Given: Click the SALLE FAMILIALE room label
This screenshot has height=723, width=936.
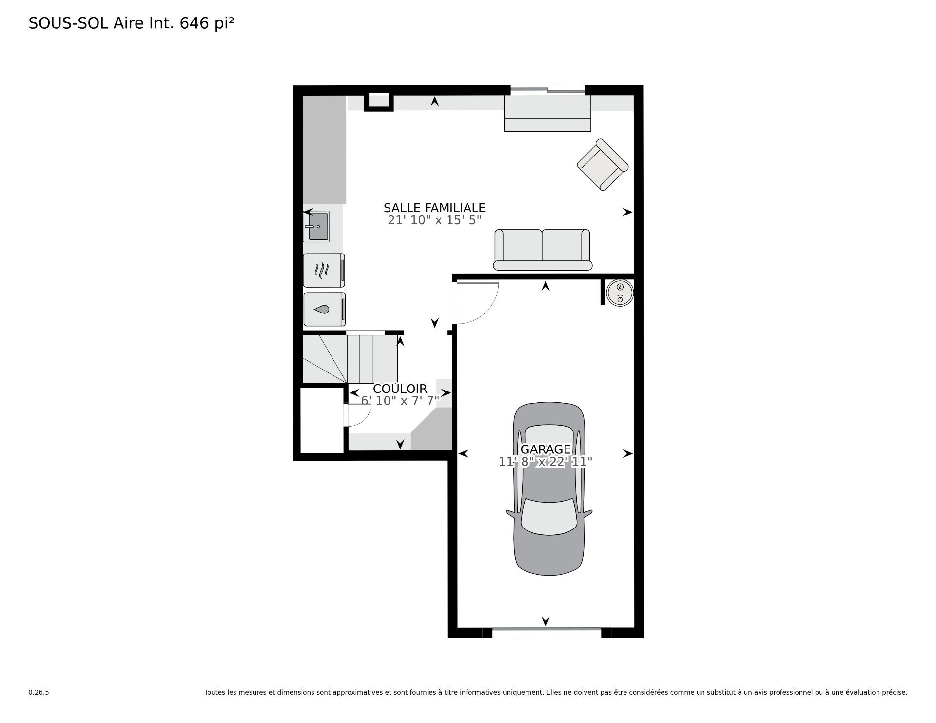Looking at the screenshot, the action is pyautogui.click(x=434, y=208).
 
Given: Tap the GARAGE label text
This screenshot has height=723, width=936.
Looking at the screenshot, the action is pyautogui.click(x=546, y=449).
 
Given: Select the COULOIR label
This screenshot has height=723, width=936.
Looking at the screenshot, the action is pyautogui.click(x=400, y=389).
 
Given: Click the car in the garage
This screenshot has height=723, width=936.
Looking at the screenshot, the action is pyautogui.click(x=549, y=489).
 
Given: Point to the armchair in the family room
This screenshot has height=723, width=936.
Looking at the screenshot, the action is pyautogui.click(x=602, y=165).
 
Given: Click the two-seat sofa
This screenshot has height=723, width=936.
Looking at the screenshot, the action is pyautogui.click(x=543, y=250).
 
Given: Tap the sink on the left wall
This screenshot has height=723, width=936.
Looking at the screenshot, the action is pyautogui.click(x=316, y=226).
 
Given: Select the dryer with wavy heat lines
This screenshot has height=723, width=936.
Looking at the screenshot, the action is pyautogui.click(x=324, y=270).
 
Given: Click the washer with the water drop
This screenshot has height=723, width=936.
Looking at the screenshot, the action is pyautogui.click(x=324, y=309).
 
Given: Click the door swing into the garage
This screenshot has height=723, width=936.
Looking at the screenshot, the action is pyautogui.click(x=476, y=303).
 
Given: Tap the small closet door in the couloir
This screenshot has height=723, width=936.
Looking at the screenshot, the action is pyautogui.click(x=358, y=415).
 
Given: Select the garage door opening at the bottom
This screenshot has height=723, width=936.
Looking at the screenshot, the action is pyautogui.click(x=546, y=632).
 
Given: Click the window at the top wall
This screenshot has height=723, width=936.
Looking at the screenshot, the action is pyautogui.click(x=547, y=90).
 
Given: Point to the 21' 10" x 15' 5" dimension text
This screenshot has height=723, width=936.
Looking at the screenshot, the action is pyautogui.click(x=434, y=220).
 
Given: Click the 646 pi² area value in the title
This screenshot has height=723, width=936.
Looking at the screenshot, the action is pyautogui.click(x=207, y=23).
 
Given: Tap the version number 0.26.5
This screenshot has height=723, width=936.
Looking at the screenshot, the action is pyautogui.click(x=39, y=692).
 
